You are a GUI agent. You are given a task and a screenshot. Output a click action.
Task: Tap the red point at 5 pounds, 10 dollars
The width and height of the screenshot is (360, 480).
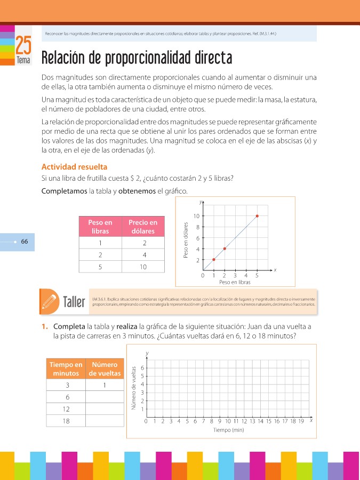coord(257,216)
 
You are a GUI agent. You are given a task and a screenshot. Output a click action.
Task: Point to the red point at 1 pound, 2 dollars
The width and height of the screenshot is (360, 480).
coord(214,259)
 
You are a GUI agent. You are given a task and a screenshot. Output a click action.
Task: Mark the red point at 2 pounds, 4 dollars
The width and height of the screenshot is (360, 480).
coord(225,249)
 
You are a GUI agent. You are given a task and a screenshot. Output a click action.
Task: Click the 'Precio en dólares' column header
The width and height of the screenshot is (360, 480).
coord(143,227)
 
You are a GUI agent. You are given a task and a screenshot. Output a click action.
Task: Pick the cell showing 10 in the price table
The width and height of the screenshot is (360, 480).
coord(143,267)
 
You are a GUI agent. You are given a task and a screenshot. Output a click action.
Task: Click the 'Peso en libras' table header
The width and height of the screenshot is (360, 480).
coord(100,227)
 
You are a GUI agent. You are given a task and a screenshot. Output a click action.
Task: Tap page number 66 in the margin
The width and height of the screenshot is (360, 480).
coord(25,242)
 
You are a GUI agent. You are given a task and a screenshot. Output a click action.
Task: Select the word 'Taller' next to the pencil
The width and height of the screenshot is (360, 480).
coord(74,302)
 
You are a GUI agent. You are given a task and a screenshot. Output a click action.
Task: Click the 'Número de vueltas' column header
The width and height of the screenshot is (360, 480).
coord(105,369)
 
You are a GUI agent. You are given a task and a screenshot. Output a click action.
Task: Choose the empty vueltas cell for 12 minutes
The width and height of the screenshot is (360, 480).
coord(105,410)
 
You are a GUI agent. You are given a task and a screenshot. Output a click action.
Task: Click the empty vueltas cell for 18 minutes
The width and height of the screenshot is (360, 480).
coord(105,421)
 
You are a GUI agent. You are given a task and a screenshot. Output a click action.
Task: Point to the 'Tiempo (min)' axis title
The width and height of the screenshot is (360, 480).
coord(228,429)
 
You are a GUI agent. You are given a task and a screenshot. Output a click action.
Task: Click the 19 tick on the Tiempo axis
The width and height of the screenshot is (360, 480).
coord(301,421)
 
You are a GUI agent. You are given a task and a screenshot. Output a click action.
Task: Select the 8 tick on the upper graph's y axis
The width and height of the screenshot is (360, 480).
coord(197,227)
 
